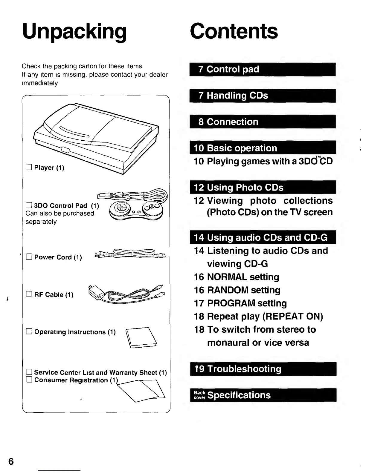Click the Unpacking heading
(x=74, y=31)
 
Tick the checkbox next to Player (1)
(x=29, y=167)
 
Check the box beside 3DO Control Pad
(x=29, y=205)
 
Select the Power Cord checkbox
(x=29, y=257)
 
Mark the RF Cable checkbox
(x=29, y=294)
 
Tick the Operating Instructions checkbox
(x=29, y=331)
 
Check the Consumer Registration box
(x=29, y=380)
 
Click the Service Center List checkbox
(x=29, y=372)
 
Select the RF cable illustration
(x=127, y=293)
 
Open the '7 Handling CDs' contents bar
(x=263, y=96)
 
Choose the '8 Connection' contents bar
(x=263, y=122)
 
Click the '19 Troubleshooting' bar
(x=263, y=369)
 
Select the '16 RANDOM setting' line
(x=237, y=290)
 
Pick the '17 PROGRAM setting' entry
(x=240, y=303)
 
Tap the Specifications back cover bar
(x=263, y=395)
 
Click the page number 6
(x=11, y=461)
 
